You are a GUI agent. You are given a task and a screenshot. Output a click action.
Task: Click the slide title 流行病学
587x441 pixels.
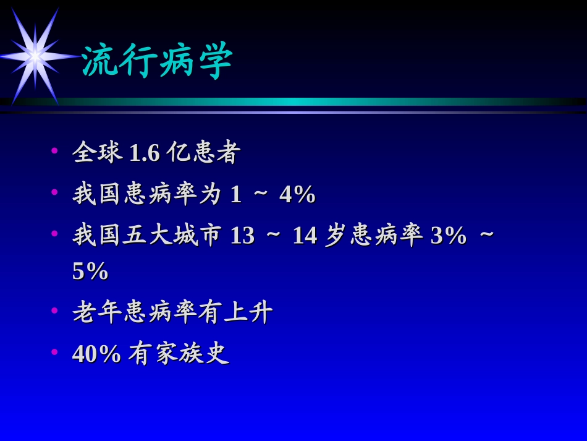[157, 61]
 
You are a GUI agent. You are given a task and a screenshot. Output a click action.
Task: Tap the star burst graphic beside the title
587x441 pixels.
[35, 56]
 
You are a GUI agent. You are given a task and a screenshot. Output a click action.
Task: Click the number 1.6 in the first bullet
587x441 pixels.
[144, 153]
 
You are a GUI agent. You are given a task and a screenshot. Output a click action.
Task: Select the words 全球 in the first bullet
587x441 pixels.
[97, 152]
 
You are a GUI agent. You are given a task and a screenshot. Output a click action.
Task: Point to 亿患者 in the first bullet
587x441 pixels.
[203, 152]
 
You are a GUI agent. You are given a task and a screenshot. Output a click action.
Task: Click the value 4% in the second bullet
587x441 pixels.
[298, 194]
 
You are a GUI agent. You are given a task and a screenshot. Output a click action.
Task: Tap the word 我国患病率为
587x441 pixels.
[147, 194]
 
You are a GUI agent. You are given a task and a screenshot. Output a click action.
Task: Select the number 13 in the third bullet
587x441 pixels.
[242, 236]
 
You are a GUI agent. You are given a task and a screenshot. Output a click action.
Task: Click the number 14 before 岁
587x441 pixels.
[305, 236]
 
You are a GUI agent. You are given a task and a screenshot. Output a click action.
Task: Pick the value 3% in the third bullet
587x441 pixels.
[449, 236]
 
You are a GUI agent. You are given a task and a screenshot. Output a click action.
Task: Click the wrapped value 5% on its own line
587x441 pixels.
[90, 271]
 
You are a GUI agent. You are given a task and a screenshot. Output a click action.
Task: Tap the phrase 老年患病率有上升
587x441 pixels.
[172, 312]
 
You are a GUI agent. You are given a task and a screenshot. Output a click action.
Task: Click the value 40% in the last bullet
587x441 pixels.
[96, 354]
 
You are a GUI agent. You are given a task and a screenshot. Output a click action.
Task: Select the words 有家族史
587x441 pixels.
[179, 354]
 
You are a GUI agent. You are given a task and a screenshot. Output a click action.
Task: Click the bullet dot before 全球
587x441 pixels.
[54, 150]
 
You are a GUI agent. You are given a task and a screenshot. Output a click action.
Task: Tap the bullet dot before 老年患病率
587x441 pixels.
[54, 310]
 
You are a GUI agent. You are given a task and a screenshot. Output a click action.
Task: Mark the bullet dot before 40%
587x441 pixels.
[54, 352]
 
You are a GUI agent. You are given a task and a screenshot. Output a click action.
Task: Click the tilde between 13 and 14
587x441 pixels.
[273, 236]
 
